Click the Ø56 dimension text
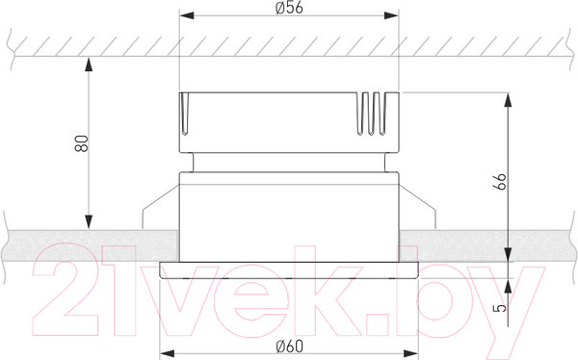[290, 9]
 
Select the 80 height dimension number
[82, 143]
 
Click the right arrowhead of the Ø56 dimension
[392, 17]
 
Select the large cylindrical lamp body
[290, 217]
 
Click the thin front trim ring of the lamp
[290, 268]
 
